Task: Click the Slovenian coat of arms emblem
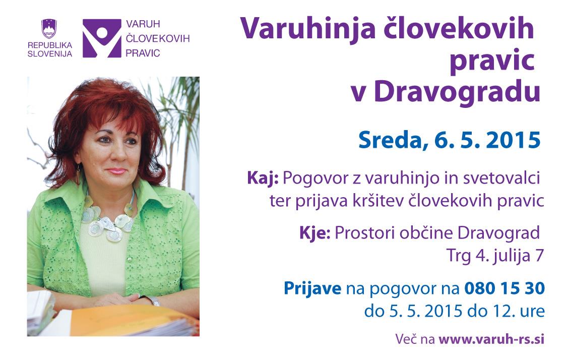[49, 29]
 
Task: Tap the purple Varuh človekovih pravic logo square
[102, 38]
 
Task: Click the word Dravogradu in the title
[457, 92]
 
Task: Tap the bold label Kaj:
[263, 178]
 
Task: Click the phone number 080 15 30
[505, 288]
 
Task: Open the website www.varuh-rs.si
[491, 339]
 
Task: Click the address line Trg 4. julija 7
[495, 256]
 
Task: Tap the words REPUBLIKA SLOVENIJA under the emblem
[50, 49]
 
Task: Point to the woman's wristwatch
[153, 300]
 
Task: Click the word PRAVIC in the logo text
[143, 53]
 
